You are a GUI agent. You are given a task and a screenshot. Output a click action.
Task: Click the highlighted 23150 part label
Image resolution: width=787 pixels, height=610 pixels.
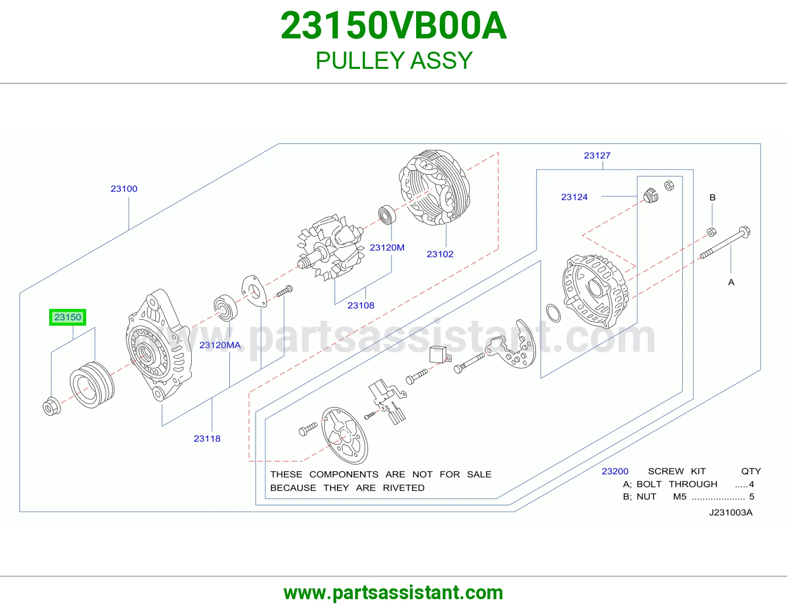[68, 317]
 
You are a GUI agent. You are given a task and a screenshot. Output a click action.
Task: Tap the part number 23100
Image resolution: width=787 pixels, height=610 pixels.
[124, 189]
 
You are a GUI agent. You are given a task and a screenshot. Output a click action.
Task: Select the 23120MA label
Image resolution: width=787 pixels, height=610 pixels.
[220, 345]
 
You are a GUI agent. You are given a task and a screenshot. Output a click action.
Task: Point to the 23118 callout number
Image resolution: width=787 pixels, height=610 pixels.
[207, 438]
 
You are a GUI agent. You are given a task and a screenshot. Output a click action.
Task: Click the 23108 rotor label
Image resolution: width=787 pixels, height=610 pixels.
[361, 305]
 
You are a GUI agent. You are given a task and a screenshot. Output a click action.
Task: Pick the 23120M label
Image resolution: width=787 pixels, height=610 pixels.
[387, 247]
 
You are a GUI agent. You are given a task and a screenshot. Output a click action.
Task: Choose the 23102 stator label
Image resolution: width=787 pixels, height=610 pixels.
[440, 254]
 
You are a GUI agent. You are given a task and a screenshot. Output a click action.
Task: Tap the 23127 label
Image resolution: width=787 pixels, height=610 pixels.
[597, 155]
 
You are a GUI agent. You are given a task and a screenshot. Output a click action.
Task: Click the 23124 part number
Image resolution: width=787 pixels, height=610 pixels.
[574, 197]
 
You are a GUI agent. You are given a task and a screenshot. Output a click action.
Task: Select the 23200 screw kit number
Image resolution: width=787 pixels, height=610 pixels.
[615, 471]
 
